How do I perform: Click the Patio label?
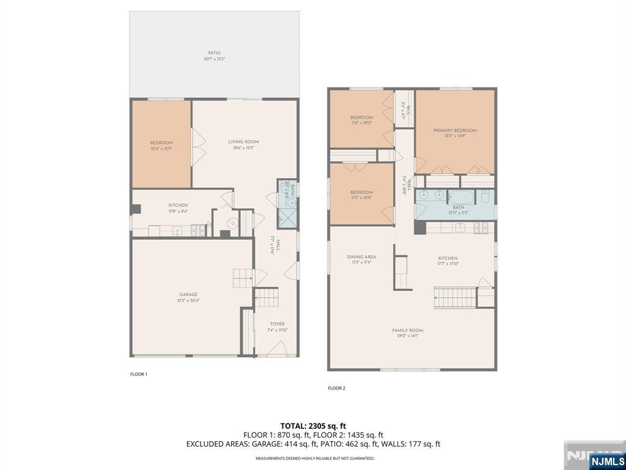[x=214, y=56]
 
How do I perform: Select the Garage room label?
[x=188, y=297]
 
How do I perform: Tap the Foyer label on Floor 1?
[x=277, y=327]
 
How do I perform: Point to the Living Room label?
[x=243, y=144]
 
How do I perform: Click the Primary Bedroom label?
[x=455, y=133]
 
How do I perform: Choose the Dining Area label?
[x=361, y=259]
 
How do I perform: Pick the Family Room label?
[x=408, y=333]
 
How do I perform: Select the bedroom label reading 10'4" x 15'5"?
[x=161, y=145]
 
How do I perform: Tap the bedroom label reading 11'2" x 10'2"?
[x=361, y=120]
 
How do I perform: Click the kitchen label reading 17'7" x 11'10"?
[x=447, y=261]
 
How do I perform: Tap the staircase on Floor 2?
[x=455, y=298]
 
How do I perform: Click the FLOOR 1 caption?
[x=139, y=374]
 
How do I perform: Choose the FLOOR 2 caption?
[x=336, y=388]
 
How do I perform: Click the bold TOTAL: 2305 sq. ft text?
[x=313, y=425]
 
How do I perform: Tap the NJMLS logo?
[x=607, y=460]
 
